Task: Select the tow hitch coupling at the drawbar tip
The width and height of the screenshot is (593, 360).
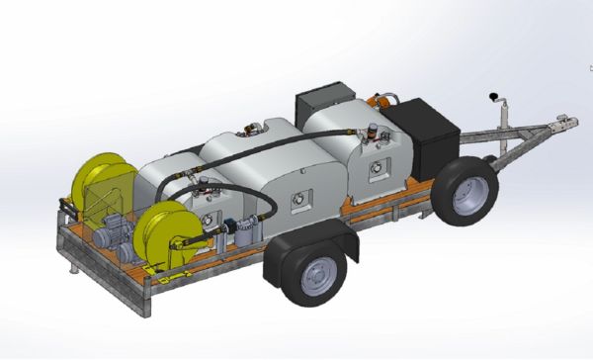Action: [x=565, y=125]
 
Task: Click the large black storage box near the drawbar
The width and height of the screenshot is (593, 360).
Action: [x=420, y=134]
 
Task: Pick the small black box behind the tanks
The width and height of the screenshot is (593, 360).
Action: [x=323, y=100]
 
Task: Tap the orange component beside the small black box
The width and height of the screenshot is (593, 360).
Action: [x=382, y=101]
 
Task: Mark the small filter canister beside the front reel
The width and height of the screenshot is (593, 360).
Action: [x=241, y=238]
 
